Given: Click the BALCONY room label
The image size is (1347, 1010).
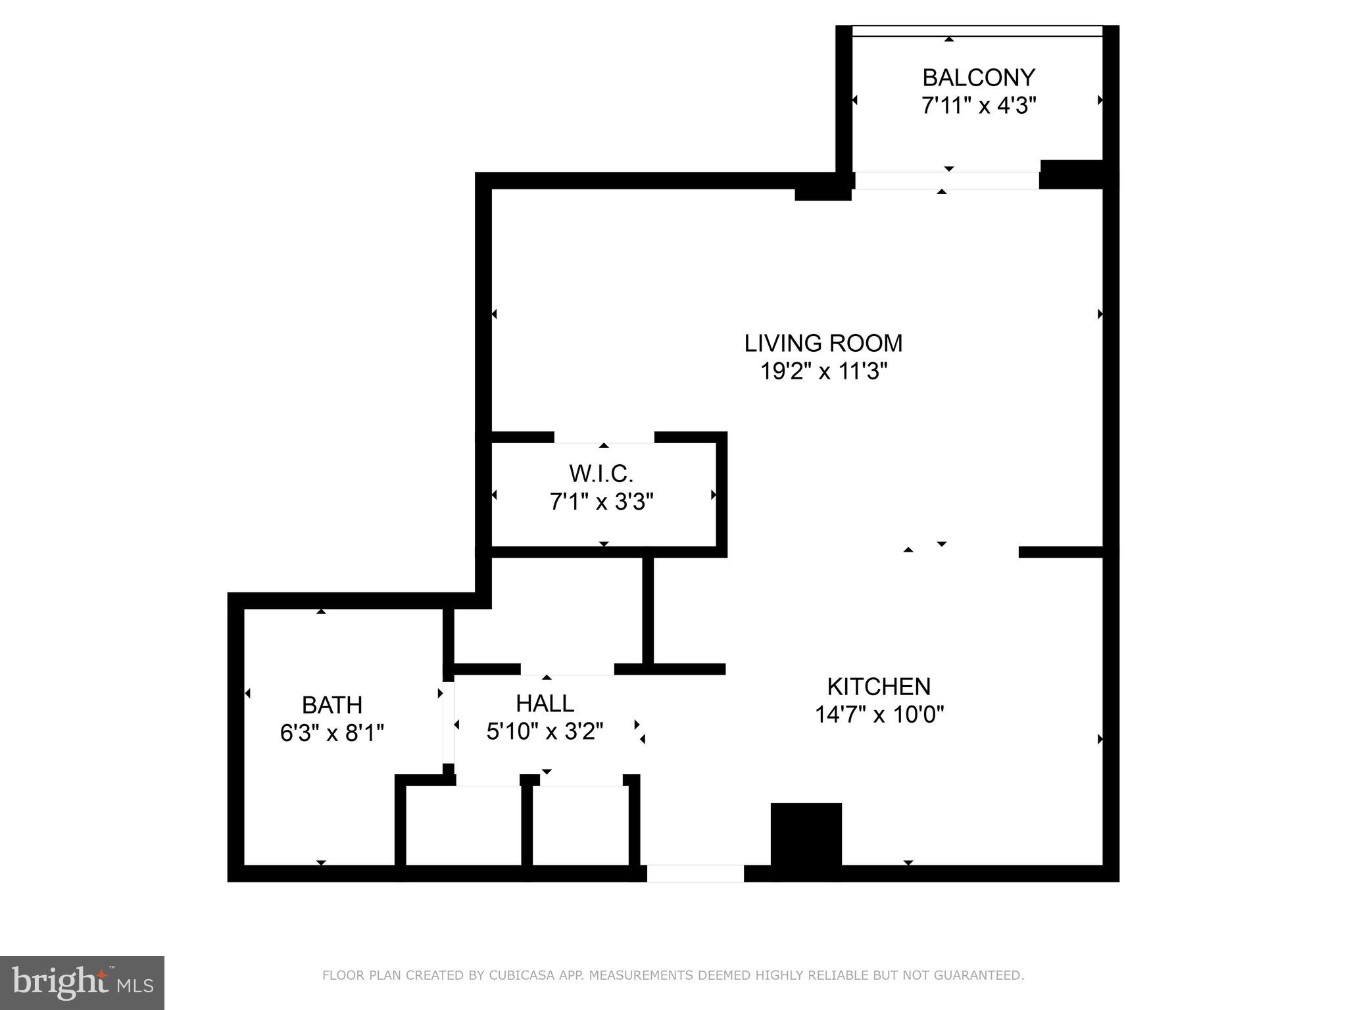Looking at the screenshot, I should point(978,78).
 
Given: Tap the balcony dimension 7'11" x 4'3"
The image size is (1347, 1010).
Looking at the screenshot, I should point(978,105).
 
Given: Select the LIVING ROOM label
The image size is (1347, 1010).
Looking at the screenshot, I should point(823,343).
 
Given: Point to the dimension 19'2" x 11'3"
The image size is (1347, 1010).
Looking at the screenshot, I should point(823,372).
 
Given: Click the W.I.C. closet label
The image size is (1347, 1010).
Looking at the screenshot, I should point(601,473).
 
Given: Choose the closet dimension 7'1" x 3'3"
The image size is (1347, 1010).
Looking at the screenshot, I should point(601,502).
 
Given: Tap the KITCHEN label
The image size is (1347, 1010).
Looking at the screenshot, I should point(879,686).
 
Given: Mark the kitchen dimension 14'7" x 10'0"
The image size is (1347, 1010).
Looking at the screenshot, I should point(879,714).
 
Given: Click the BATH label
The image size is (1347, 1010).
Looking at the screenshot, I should point(332,705).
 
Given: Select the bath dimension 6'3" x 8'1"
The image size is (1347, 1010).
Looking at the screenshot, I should point(332,733).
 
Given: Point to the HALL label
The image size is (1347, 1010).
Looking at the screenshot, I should point(545,704).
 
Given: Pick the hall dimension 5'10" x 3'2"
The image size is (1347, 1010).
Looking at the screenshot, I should point(545,731).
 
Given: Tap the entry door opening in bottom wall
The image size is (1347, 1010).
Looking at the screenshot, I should point(695,873).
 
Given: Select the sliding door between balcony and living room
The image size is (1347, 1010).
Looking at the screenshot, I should point(946,181).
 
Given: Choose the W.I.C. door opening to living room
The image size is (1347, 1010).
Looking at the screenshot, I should point(604,438).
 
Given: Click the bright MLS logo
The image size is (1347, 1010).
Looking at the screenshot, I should point(82,982).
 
